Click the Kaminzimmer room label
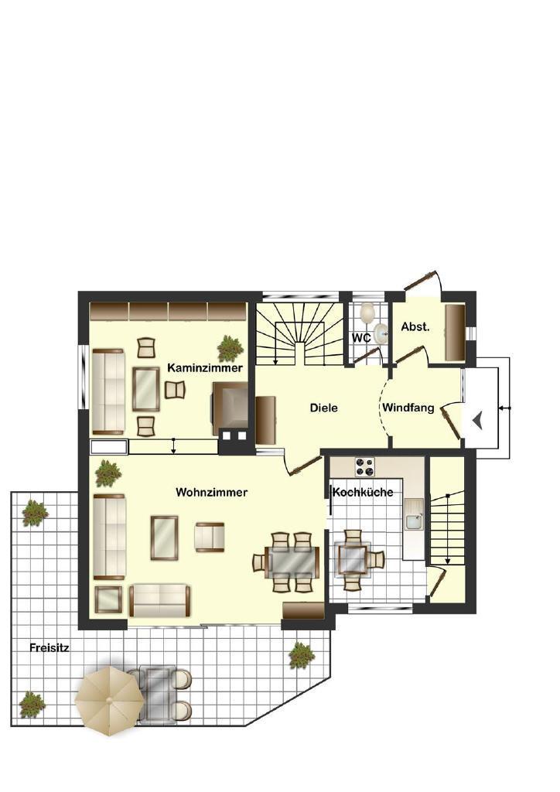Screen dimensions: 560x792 [205, 367]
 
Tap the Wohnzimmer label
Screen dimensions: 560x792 [212, 492]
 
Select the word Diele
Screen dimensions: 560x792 [323, 408]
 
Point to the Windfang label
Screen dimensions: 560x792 [408, 408]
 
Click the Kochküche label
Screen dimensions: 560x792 [363, 492]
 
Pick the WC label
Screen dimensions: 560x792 [361, 338]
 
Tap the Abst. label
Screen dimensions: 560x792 [415, 327]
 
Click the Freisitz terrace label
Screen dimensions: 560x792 [49, 647]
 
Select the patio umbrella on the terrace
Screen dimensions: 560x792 [109, 699]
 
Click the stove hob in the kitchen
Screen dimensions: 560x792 [365, 466]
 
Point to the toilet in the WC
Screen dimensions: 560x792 [367, 312]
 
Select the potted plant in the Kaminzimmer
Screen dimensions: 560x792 [230, 349]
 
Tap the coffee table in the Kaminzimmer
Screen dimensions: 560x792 [146, 389]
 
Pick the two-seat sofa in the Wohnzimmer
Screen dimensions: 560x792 [160, 600]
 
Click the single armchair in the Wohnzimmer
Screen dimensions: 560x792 [210, 537]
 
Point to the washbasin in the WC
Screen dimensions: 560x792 [381, 333]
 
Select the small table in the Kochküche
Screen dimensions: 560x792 [353, 558]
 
